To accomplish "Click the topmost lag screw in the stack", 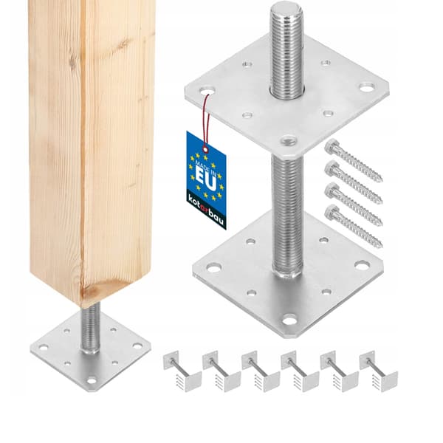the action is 353,160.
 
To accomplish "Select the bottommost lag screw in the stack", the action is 354,226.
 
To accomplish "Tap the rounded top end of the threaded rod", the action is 286,9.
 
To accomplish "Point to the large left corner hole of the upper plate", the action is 207,92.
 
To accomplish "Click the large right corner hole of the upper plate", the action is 367,87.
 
